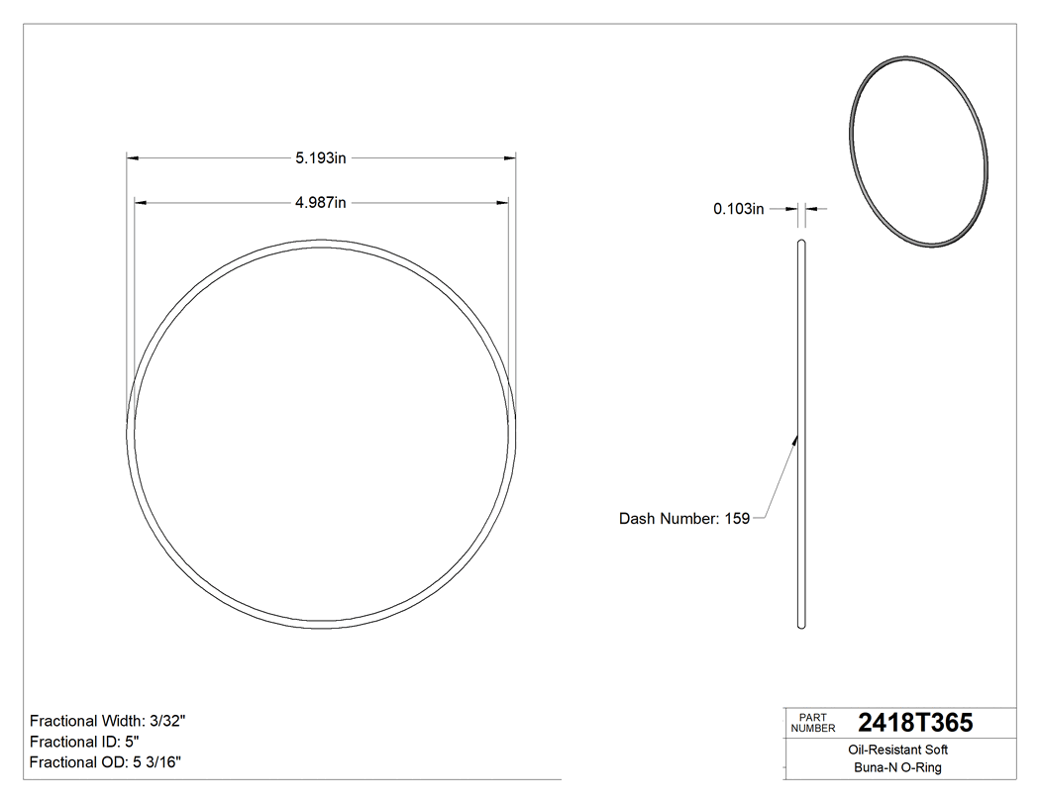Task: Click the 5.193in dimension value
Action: pos(320,157)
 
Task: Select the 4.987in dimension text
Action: pos(320,203)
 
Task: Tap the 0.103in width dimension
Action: pos(738,209)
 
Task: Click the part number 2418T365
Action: pos(915,724)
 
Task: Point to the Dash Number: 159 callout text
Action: pos(683,518)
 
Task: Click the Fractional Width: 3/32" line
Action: pos(108,721)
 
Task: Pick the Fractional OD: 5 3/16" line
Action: pos(105,762)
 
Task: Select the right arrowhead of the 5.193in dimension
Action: pos(511,157)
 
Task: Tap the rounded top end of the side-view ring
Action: pos(801,242)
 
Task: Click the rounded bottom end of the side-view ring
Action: pos(801,625)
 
